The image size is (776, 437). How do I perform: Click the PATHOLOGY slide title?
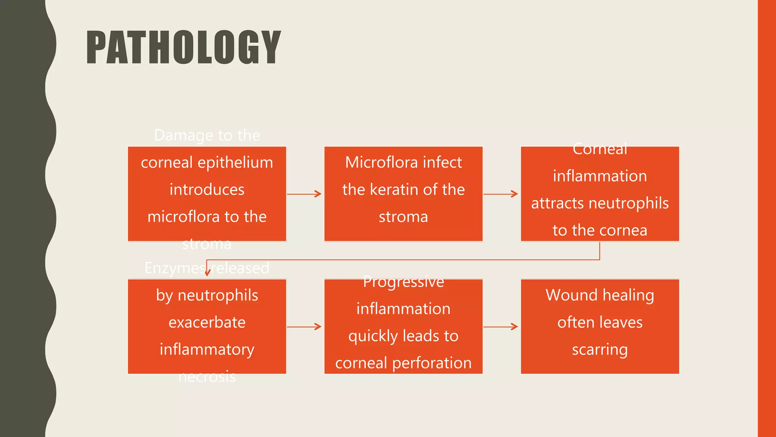184,47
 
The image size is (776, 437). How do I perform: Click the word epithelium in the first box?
235,163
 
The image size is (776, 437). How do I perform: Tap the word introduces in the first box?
207,190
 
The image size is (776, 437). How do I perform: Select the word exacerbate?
207,322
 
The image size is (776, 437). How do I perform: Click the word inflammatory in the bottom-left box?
207,349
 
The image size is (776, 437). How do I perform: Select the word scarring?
600,349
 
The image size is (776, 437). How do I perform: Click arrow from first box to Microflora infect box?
304,194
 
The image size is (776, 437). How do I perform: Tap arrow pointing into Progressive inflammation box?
304,326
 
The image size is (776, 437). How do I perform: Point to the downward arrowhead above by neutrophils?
207,272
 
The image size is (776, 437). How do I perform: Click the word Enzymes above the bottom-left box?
175,268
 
